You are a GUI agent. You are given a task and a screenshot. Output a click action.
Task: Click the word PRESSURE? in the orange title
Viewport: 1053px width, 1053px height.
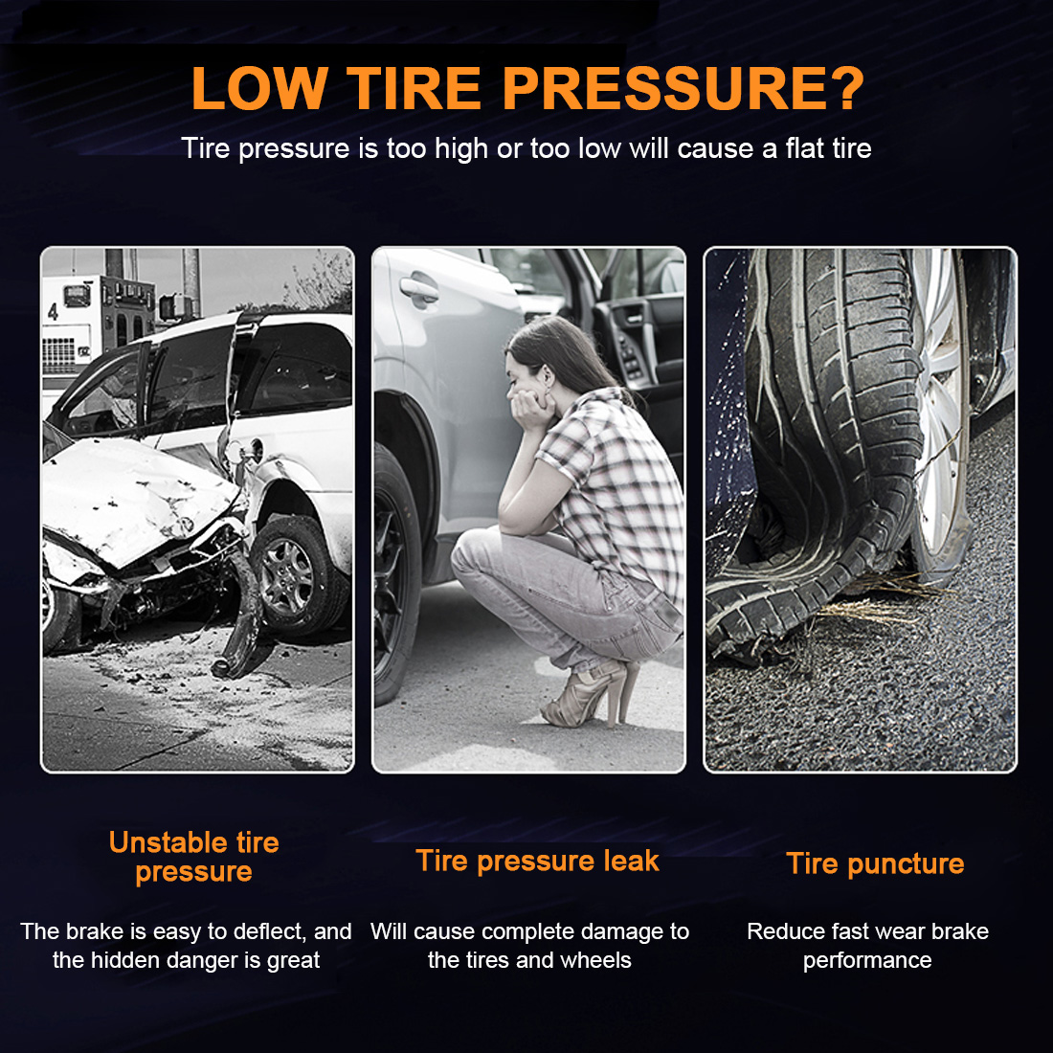coord(683,88)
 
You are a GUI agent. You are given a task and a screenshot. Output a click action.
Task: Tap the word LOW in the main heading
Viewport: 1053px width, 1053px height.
coord(259,88)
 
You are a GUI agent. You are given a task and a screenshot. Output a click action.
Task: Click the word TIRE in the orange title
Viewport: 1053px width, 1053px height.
coord(414,88)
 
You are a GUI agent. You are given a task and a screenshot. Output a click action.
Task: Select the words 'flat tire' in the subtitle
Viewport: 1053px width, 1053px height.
coord(829,147)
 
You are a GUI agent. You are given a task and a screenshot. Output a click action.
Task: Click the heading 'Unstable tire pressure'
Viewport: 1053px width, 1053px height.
coord(194,857)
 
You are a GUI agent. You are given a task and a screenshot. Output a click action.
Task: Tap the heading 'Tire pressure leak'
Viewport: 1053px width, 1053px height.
coord(537,861)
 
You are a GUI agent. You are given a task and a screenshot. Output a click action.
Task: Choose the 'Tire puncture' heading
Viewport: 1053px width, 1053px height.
coord(875,863)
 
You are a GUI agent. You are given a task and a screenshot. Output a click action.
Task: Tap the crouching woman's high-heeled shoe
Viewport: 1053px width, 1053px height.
coord(591,694)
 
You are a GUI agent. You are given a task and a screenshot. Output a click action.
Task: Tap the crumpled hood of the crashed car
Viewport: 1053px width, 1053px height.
coord(134,497)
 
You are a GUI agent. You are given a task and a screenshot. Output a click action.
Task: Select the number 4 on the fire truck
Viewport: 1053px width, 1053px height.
coord(53,311)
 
